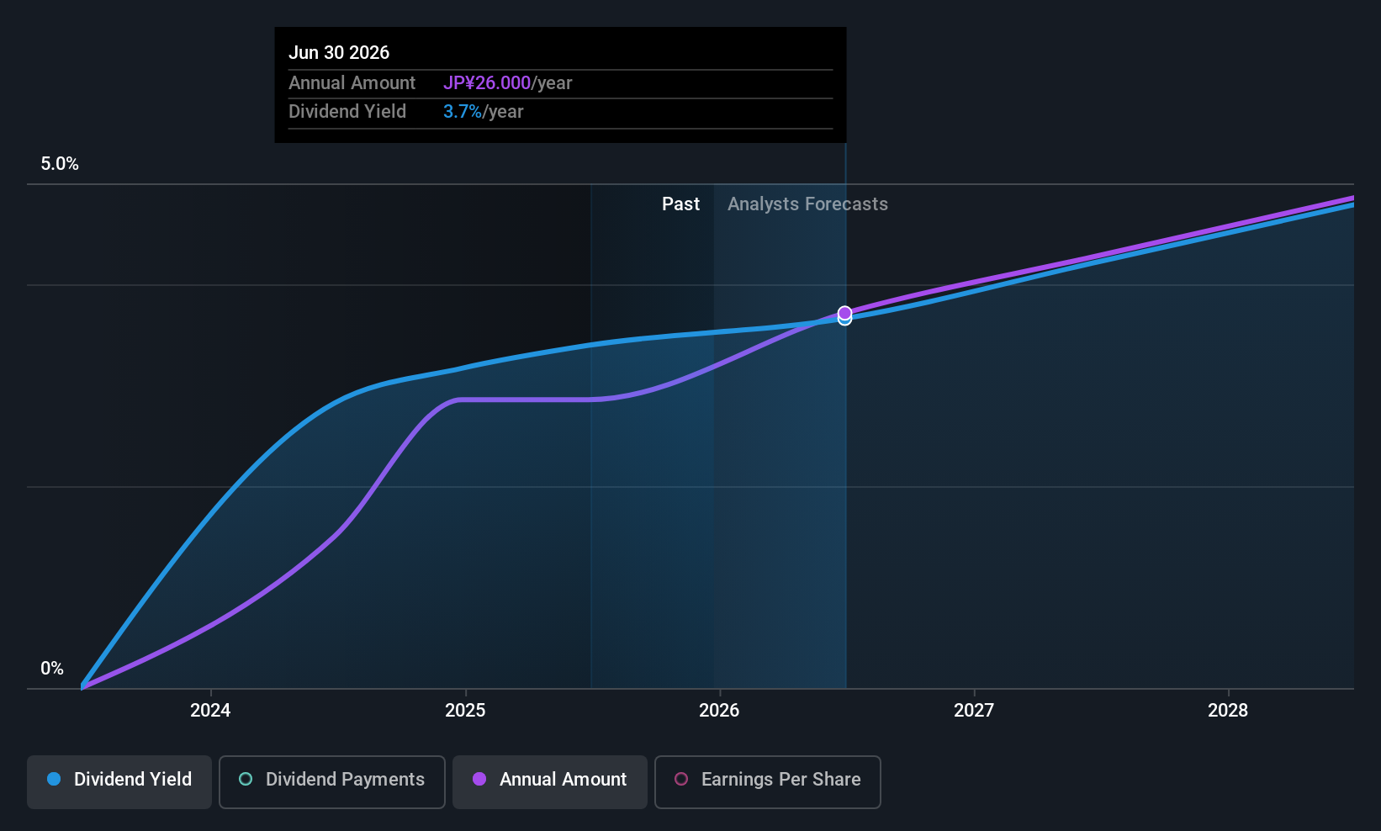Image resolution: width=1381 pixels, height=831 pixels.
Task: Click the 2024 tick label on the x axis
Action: [x=210, y=710]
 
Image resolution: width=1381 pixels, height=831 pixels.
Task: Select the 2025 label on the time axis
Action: [x=465, y=710]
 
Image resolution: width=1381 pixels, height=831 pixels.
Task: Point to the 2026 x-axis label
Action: [x=719, y=710]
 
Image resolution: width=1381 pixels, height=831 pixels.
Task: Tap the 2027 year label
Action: [x=973, y=710]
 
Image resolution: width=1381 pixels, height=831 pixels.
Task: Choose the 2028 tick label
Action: [x=1227, y=710]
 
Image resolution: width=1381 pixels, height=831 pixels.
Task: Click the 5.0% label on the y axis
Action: [x=60, y=164]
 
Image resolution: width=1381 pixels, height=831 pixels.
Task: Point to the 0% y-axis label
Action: [x=52, y=669]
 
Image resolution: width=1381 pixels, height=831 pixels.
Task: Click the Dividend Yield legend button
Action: [x=119, y=781]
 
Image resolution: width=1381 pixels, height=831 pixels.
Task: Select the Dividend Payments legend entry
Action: [x=331, y=781]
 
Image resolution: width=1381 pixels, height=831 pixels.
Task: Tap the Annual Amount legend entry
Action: [x=550, y=781]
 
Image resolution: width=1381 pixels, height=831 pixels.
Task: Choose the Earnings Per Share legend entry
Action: [x=768, y=781]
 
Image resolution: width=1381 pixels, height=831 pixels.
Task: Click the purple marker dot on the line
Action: [x=844, y=313]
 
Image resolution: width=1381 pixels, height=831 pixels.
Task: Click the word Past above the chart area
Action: [x=680, y=204]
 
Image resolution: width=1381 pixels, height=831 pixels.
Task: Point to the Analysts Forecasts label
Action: [x=807, y=204]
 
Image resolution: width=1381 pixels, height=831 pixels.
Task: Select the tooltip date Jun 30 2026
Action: [x=339, y=53]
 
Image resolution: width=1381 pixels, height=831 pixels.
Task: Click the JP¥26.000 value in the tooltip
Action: [x=487, y=82]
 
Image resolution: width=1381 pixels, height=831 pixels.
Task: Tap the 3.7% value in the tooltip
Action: [x=463, y=112]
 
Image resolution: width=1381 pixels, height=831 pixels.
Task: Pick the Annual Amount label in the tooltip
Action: [x=352, y=82]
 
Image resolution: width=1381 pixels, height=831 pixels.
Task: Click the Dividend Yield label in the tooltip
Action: [x=347, y=112]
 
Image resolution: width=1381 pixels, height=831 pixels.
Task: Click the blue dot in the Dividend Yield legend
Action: [x=55, y=779]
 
